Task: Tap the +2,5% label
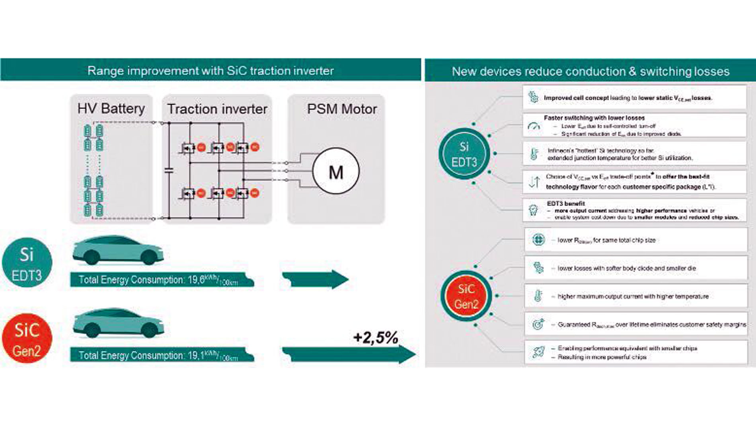coord(375,338)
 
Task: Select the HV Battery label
coord(111,109)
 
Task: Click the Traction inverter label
coord(217,109)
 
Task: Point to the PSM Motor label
coord(342,109)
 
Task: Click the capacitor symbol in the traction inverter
coord(169,171)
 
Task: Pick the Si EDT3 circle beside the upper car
coord(27,263)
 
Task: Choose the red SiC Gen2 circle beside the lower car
coord(27,338)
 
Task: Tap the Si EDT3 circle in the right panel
coord(464,154)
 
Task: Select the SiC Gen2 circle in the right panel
coord(466,296)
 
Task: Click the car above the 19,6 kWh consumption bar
coord(118,250)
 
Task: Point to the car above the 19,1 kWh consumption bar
coord(118,323)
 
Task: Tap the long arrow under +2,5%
coord(349,354)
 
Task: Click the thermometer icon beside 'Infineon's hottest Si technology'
coord(534,154)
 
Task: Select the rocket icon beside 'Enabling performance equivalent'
coord(538,352)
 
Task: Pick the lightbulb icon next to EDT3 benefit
coord(533,210)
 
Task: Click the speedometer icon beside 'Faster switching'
coord(534,126)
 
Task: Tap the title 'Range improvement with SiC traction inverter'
coord(210,71)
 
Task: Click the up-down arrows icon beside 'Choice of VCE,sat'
coord(534,182)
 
